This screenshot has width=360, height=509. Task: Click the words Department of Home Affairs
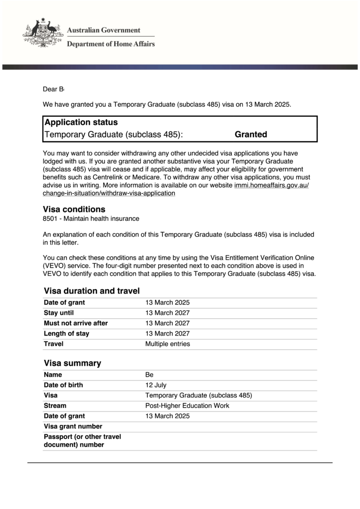click(111, 44)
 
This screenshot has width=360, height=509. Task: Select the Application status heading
click(81, 123)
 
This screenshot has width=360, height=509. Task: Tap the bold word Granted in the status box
click(251, 134)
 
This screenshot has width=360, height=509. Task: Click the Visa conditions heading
click(74, 210)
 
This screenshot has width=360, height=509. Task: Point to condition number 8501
click(51, 218)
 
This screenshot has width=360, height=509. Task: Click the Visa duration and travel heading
click(91, 291)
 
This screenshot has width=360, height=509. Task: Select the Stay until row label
click(59, 313)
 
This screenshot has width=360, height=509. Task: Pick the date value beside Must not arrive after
click(167, 323)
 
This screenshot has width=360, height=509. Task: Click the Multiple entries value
click(167, 344)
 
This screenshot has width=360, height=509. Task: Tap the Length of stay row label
click(66, 334)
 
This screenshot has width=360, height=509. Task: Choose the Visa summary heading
click(72, 363)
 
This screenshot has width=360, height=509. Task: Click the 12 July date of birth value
click(156, 385)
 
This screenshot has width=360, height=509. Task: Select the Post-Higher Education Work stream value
click(187, 406)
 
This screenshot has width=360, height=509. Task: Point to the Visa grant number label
click(73, 426)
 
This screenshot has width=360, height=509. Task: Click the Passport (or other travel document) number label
click(82, 441)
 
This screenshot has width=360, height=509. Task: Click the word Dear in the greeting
click(50, 89)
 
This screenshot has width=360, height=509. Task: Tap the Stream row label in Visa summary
click(55, 406)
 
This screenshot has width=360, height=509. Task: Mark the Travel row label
click(53, 344)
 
